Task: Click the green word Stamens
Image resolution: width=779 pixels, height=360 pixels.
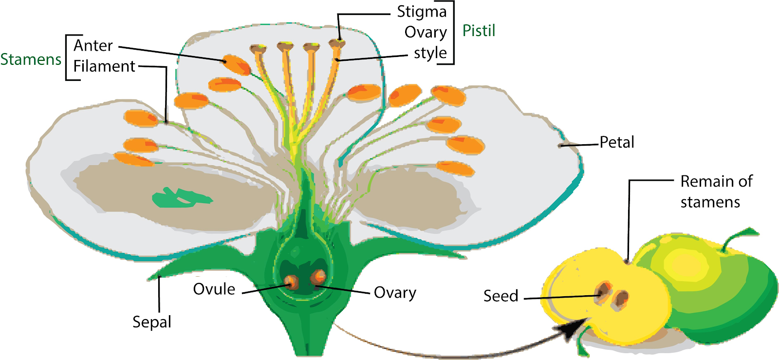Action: click(x=31, y=59)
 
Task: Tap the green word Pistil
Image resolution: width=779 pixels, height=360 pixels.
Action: click(x=479, y=31)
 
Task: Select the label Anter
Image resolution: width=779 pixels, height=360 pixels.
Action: click(x=93, y=46)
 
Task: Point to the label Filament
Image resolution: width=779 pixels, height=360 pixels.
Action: click(x=104, y=66)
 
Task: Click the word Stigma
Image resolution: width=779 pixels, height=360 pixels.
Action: click(x=422, y=11)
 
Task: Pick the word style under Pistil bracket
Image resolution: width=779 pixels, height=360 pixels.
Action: click(x=430, y=53)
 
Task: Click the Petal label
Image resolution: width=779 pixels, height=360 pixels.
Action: click(x=617, y=142)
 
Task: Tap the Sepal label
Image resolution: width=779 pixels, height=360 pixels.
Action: click(x=152, y=322)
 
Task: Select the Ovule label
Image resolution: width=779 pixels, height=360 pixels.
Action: click(x=214, y=289)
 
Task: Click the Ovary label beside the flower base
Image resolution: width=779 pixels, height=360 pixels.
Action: click(x=395, y=293)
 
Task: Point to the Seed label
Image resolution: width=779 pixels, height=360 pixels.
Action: click(x=501, y=296)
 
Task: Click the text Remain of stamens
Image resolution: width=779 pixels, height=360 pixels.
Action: click(x=716, y=191)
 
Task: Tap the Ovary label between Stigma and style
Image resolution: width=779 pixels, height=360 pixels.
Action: click(x=426, y=32)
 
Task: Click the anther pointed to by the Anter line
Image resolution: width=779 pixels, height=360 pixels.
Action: click(x=236, y=65)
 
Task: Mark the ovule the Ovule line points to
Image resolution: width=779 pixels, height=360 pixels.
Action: click(x=292, y=282)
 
